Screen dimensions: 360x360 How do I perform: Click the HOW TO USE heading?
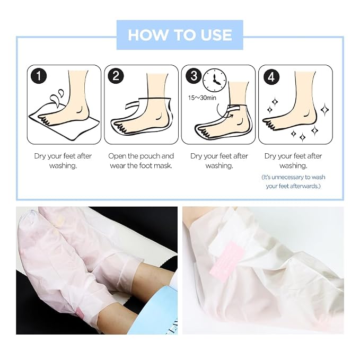coord(180,35)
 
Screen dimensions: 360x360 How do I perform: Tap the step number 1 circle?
coord(39,76)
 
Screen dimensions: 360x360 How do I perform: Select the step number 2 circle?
coord(116,76)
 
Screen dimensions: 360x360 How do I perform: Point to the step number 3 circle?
coord(194,76)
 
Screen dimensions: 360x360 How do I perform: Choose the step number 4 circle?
coord(271,77)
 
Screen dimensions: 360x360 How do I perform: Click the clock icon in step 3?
coord(215,81)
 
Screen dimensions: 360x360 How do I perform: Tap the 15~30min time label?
coord(202,98)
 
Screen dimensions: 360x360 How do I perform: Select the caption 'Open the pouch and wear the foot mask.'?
coord(141,161)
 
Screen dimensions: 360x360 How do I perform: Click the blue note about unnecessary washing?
coord(293,182)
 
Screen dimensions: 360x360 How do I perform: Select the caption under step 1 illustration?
coord(63,161)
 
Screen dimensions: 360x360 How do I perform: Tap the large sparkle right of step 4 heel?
coord(324,109)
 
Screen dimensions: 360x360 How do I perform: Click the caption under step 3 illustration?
coord(219,161)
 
